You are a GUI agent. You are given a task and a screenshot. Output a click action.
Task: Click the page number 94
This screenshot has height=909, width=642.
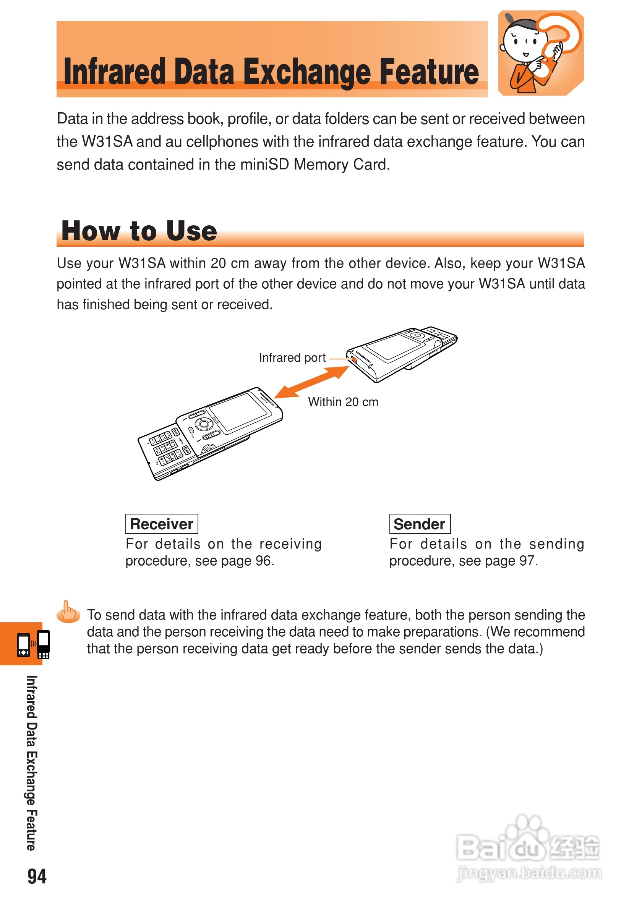click(x=37, y=876)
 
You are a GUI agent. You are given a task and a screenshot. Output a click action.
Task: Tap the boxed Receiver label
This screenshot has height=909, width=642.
click(x=162, y=524)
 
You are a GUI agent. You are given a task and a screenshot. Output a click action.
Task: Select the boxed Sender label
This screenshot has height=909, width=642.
click(x=420, y=524)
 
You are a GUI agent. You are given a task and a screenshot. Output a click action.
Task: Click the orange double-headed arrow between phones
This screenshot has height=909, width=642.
click(x=312, y=382)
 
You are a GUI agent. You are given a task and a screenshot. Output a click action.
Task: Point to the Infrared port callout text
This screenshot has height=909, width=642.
click(x=292, y=358)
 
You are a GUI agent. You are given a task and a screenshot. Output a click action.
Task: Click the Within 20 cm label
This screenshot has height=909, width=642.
click(x=343, y=402)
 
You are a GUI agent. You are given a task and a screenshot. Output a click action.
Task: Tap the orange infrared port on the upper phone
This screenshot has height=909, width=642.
click(x=353, y=359)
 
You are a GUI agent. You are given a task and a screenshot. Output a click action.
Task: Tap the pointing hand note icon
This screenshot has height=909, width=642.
click(x=68, y=612)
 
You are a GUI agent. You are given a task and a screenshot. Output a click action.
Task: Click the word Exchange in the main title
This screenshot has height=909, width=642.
click(x=308, y=72)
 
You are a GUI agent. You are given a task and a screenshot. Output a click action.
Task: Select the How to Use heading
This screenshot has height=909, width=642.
click(x=139, y=231)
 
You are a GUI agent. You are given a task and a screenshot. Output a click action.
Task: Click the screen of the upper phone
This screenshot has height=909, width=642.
click(x=394, y=346)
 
